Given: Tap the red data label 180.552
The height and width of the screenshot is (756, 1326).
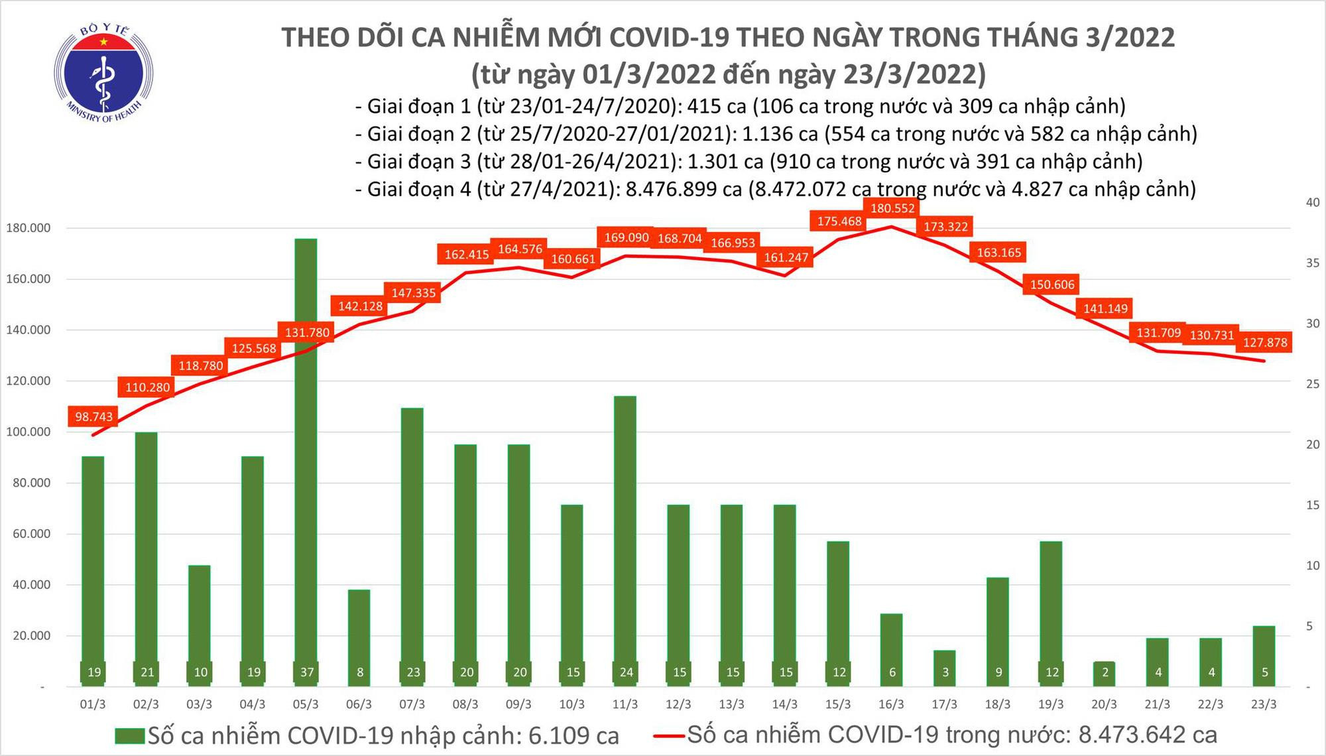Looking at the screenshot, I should pos(892,208).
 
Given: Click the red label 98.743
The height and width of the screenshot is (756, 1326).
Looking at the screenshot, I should pos(93,416).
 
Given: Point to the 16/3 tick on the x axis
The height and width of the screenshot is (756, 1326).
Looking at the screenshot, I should pos(891,704).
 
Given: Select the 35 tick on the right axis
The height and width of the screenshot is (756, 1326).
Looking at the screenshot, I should pos(1312,263).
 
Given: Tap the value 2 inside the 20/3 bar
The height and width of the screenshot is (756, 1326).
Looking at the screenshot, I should pos(1105,672).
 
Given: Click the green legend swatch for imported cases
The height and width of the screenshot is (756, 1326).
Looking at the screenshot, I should pos(129,736).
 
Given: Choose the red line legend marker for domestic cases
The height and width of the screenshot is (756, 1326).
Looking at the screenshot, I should pos(668,735).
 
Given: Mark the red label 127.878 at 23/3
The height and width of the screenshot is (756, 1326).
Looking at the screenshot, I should pos(1265,342).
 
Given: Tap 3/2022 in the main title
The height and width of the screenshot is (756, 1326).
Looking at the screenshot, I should pos(1130,37).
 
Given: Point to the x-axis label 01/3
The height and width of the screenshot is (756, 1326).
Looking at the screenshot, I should pos(93,704).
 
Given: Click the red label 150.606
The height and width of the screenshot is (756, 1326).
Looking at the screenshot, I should pos(1052,284).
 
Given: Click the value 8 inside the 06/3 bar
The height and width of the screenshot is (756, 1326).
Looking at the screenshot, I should pos(360,672).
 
